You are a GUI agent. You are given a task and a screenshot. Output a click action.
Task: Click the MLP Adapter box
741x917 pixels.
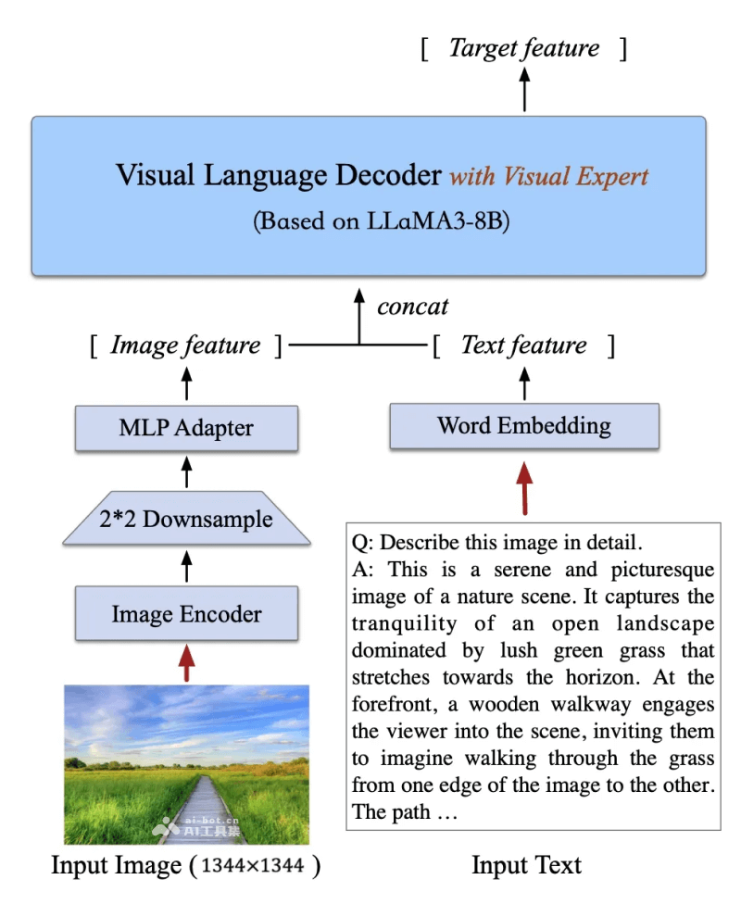pyautogui.click(x=186, y=428)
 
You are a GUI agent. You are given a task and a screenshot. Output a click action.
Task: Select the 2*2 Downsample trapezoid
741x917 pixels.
pyautogui.click(x=186, y=519)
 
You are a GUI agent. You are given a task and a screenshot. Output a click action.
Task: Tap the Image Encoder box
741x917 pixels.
pyautogui.click(x=186, y=613)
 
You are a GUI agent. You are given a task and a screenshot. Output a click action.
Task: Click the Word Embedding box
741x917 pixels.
pyautogui.click(x=524, y=426)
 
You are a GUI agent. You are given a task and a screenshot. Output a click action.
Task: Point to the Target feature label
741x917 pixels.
pyautogui.click(x=524, y=48)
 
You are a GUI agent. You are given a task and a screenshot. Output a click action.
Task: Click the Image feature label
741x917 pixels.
pyautogui.click(x=185, y=345)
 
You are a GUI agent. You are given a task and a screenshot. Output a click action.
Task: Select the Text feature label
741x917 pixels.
pyautogui.click(x=524, y=345)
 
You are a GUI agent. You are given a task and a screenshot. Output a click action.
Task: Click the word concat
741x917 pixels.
pyautogui.click(x=412, y=306)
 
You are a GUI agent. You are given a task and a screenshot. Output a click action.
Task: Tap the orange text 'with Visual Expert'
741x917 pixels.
pyautogui.click(x=549, y=176)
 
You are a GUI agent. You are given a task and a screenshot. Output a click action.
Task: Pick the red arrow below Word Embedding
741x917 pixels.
pyautogui.click(x=524, y=486)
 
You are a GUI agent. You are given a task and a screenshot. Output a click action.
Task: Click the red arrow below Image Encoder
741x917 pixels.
pyautogui.click(x=186, y=662)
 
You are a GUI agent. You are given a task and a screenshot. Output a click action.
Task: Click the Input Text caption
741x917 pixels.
pyautogui.click(x=526, y=865)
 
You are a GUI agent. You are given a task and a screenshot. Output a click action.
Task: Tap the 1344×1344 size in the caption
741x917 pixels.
pyautogui.click(x=255, y=866)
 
